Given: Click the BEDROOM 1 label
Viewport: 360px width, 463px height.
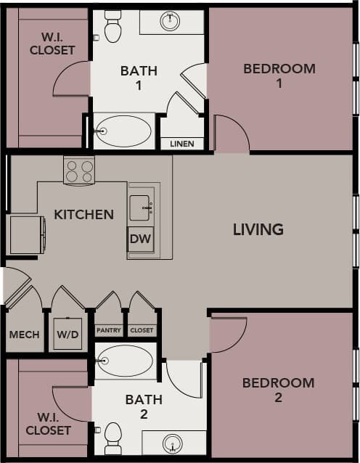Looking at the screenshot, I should coord(279,75).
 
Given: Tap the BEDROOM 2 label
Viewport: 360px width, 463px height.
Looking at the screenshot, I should coord(278,390).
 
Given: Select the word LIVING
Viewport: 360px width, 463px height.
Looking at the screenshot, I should coord(258,229).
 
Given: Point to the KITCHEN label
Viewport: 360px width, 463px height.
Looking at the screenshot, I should coord(83,214).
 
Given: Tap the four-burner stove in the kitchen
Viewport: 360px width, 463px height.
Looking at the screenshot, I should coord(79,171).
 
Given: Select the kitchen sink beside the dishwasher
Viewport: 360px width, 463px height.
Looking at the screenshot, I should coord(141,208).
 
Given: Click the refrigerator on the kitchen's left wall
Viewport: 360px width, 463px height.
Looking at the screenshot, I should coord(27,234).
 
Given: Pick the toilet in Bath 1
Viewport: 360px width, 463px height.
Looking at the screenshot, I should coord(112,26).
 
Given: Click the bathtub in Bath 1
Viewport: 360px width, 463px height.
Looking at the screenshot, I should coord(123,131).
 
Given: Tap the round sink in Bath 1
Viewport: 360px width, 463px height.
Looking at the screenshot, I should coord(171,21).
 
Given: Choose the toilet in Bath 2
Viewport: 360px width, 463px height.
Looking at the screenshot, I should coord(112,438).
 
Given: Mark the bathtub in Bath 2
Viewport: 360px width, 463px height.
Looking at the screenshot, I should coord(125,361).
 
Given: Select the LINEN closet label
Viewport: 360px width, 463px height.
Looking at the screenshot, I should coord(181,144).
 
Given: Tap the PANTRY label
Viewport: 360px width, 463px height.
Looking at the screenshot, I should coord(109,330).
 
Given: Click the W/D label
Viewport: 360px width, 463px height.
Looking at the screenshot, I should coord(67,335).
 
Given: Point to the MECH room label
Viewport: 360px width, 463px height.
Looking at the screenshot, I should coord(24,335).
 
